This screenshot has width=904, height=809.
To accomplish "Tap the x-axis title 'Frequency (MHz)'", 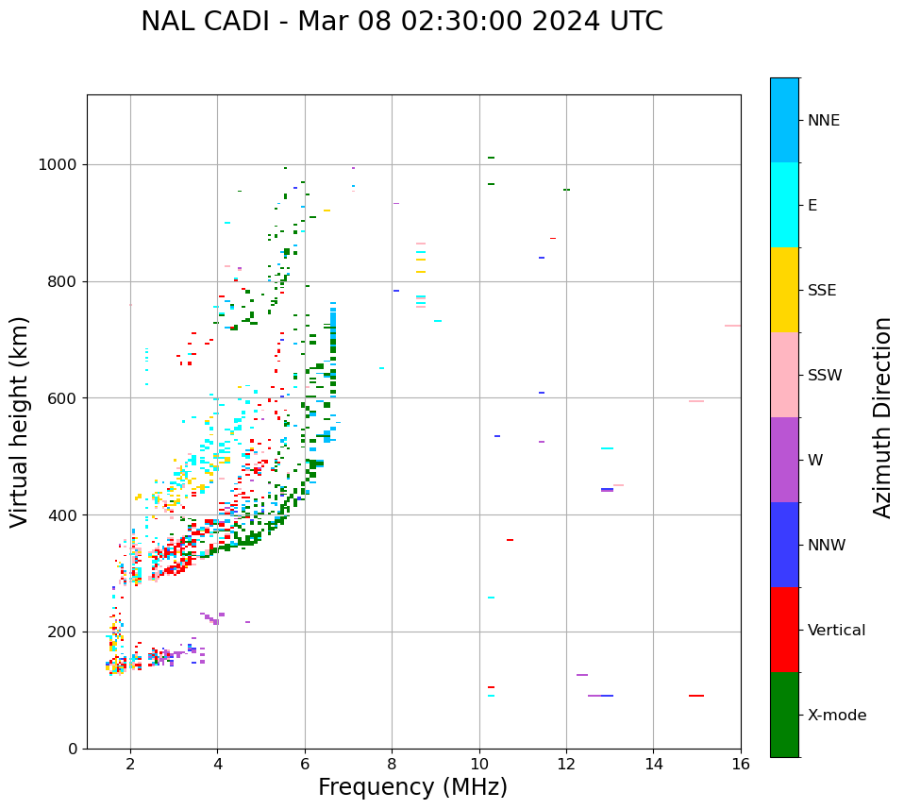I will point(412,787).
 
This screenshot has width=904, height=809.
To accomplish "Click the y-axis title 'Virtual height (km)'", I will point(20,422).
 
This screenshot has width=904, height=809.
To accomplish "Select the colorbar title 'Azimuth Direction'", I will point(882,417).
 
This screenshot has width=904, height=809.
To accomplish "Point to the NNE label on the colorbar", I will point(823,121).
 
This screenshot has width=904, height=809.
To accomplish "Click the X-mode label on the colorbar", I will point(836,716).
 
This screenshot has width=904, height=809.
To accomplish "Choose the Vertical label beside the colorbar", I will point(836,631).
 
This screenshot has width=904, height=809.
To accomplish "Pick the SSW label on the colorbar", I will point(825,376).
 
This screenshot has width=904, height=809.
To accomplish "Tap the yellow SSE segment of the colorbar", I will point(784,290).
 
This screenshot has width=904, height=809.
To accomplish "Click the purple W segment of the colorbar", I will point(784,460).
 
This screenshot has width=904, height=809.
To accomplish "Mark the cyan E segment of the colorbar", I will point(784,205).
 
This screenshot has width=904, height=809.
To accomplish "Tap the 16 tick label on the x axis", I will point(741,764).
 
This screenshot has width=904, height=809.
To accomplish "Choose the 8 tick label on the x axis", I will point(392,764).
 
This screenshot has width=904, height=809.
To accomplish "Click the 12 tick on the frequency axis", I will point(566,764).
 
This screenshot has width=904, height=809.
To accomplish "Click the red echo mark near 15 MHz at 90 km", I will point(696,696).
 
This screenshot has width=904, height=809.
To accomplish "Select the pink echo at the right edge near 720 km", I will point(732,326).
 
